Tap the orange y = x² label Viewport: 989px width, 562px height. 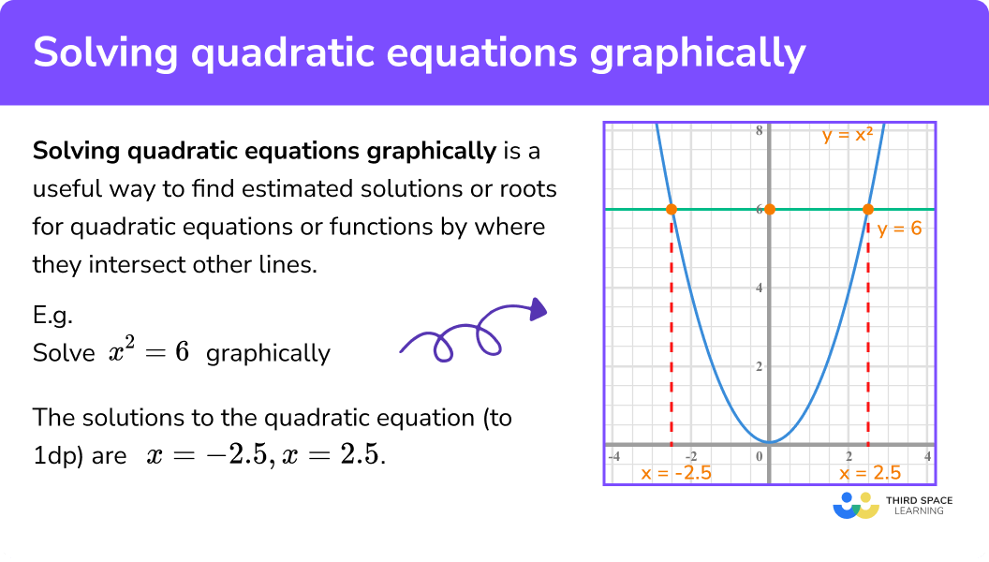pos(848,134)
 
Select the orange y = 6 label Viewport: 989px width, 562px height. pos(899,229)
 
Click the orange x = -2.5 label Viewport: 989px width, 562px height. pos(676,473)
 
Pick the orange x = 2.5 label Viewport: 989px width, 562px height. pos(870,473)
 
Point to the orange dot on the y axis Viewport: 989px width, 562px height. pos(770,209)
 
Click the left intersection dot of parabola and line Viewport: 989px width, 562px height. pos(672,209)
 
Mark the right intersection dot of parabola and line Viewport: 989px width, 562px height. pos(868,209)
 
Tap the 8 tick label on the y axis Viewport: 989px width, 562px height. pos(760,131)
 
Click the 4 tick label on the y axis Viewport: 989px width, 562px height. pos(760,288)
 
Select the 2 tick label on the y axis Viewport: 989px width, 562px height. pos(760,366)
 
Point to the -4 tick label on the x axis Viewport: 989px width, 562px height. pos(614,456)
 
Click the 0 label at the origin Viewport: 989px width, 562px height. pos(760,456)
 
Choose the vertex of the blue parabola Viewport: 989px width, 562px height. pos(769,442)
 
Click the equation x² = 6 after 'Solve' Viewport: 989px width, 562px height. pos(151,352)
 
